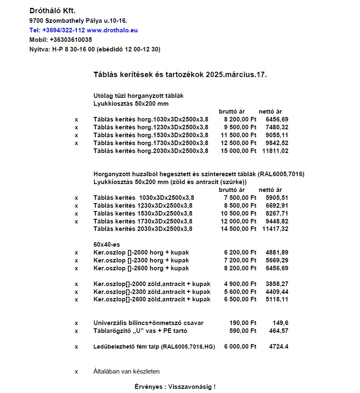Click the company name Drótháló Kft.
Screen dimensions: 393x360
pos(52,10)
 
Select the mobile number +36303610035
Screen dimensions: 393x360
pos(71,40)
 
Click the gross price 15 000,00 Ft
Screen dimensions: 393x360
pos(238,151)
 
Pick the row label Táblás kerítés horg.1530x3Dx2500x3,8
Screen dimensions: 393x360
pos(151,135)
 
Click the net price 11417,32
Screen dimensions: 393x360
pos(275,229)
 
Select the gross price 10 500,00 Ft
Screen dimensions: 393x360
pos(238,213)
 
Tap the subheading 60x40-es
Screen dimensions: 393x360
pos(107,245)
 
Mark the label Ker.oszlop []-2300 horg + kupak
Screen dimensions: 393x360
pos(141,260)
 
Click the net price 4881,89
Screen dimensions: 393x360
pos(277,252)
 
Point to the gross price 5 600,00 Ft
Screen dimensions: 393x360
pos(240,292)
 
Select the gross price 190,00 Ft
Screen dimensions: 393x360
pos(243,323)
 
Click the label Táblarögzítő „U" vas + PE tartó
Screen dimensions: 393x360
pos(141,331)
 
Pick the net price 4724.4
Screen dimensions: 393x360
pos(278,347)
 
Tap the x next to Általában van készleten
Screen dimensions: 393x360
pos(76,371)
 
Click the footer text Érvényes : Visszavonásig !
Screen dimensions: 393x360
pos(175,387)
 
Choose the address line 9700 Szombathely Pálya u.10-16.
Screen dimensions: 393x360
pos(78,20)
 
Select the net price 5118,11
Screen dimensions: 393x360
pos(277,300)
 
